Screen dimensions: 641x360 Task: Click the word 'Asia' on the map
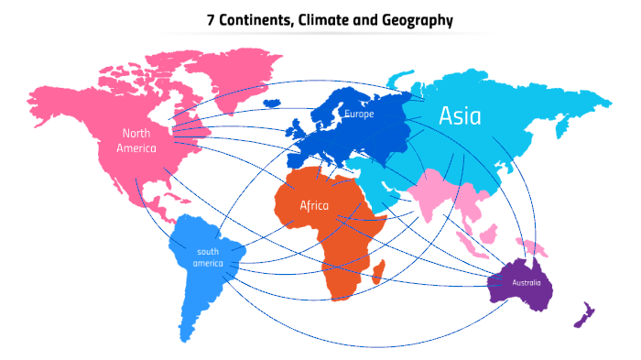pyautogui.click(x=460, y=115)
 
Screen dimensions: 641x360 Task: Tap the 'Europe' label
pyautogui.click(x=359, y=115)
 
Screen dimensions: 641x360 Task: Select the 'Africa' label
pyautogui.click(x=314, y=205)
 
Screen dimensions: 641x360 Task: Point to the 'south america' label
pyautogui.click(x=208, y=257)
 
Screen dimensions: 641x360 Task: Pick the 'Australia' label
pyautogui.click(x=527, y=282)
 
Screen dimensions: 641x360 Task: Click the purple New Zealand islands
pyautogui.click(x=584, y=314)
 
